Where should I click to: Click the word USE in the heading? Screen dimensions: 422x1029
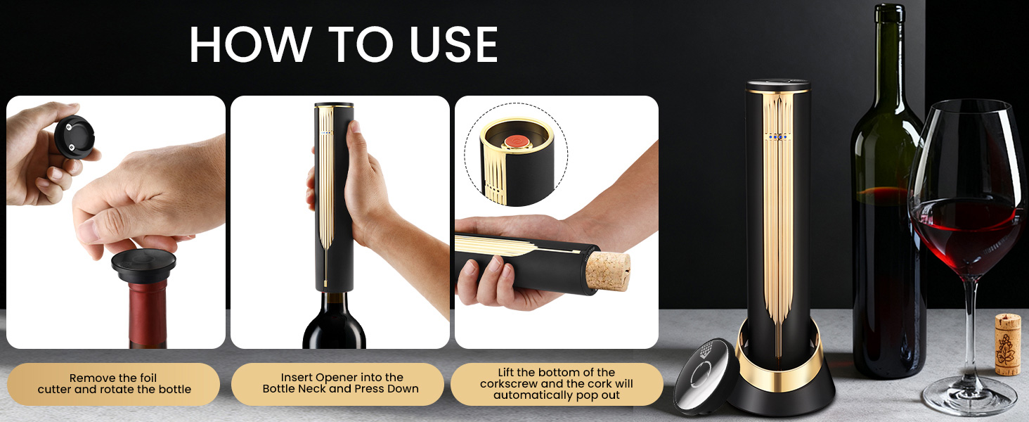tap(442, 46)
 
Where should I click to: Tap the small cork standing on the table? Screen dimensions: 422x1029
tap(1007, 344)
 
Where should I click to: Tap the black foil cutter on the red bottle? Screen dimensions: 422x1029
tap(143, 266)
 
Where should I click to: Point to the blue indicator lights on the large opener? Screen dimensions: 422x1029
tap(778, 136)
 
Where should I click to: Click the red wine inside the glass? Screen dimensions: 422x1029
tap(969, 232)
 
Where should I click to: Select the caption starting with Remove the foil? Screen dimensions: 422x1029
tap(114, 383)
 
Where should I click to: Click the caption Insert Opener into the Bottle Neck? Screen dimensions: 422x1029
tap(341, 383)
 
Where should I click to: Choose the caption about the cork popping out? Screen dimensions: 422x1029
tap(556, 383)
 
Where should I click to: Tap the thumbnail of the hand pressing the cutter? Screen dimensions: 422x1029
tap(116, 222)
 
